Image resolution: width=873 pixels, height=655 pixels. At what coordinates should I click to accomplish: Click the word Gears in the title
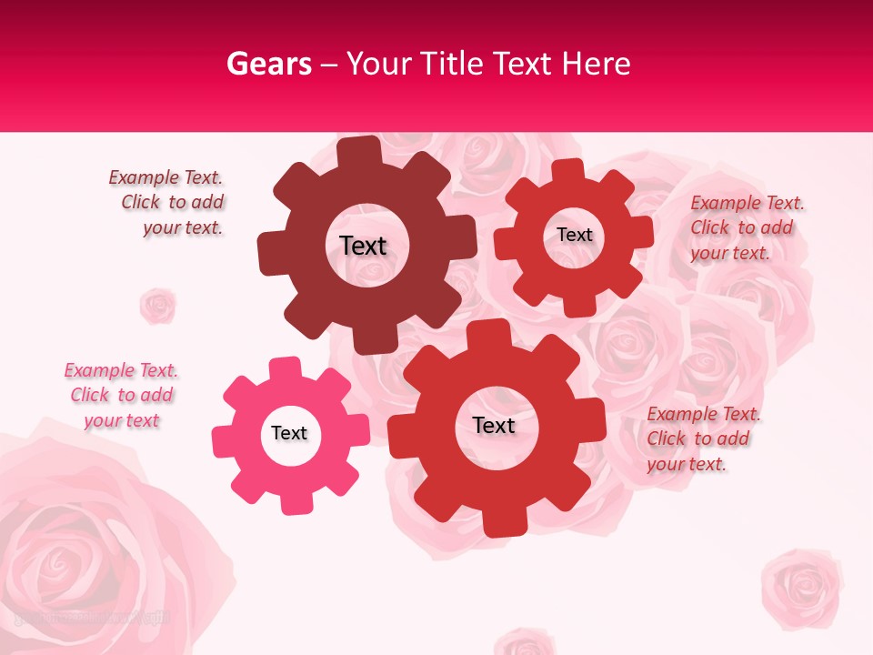pos(268,64)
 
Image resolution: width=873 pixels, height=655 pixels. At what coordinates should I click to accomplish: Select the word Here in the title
pos(596,64)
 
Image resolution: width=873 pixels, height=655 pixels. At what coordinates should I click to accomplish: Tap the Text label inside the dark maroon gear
pos(363,246)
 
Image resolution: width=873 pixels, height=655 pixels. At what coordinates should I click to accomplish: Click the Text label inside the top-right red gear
pos(575,235)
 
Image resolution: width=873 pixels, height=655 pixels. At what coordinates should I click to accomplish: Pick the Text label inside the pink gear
pos(289,433)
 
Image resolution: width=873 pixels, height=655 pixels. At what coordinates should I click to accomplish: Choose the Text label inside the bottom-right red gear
pos(494,426)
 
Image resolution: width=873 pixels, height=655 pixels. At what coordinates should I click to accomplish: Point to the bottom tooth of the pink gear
pos(291,503)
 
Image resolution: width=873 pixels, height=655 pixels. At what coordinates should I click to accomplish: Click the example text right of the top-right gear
pos(746,227)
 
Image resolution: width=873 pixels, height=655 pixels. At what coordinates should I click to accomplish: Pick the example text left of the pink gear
pos(121,395)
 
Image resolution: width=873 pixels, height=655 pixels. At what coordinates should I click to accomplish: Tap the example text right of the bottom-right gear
pos(702,438)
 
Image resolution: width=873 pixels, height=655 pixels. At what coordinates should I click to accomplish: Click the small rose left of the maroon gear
pos(157,306)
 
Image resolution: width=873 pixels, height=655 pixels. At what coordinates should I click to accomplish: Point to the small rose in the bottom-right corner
pos(801,586)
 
